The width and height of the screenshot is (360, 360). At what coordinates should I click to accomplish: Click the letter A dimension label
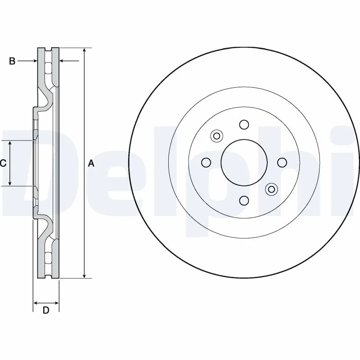click(x=91, y=163)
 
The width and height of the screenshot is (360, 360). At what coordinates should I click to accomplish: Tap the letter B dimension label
click(x=12, y=61)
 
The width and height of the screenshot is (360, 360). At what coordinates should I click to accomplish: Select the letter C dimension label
click(x=3, y=163)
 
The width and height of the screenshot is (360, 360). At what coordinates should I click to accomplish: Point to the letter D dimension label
click(x=46, y=310)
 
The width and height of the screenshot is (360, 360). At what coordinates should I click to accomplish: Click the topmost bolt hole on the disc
click(x=244, y=125)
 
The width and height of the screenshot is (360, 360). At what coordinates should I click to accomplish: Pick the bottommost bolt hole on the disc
click(x=244, y=200)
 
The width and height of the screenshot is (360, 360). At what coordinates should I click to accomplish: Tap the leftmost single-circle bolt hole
click(x=206, y=162)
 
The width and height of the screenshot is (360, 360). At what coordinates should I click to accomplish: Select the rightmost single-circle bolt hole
click(x=282, y=162)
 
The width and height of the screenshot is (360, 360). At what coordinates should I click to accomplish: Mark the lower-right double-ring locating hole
click(x=271, y=189)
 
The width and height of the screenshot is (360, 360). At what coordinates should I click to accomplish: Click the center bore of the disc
click(x=244, y=162)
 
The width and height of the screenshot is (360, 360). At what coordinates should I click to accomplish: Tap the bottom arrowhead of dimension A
click(x=84, y=275)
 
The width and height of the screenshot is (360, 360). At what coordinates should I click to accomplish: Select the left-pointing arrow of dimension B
click(x=63, y=61)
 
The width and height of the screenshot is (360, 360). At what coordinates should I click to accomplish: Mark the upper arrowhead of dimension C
click(x=10, y=144)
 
